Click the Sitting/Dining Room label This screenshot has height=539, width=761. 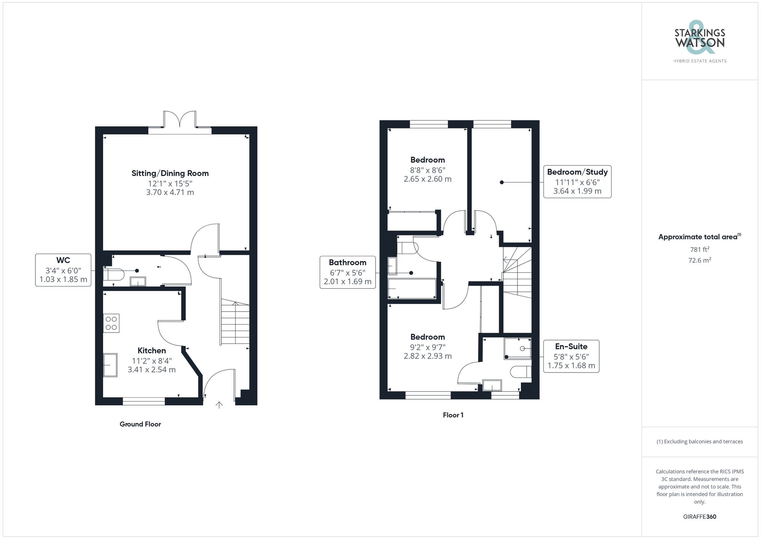(x=170, y=173)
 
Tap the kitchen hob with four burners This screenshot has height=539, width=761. (x=111, y=323)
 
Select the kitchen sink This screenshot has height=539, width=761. (x=110, y=365)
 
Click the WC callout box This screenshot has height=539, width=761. (x=63, y=270)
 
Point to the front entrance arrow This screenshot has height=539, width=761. (x=219, y=405)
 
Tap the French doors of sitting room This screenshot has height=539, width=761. (x=180, y=120)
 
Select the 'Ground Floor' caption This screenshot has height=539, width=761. (x=140, y=424)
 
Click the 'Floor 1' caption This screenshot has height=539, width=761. (x=453, y=415)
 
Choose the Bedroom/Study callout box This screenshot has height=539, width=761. (x=577, y=182)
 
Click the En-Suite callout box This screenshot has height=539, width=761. (x=571, y=356)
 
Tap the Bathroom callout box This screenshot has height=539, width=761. (x=347, y=272)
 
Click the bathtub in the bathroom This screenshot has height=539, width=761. (x=412, y=289)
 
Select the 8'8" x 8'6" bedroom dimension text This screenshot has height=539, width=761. (x=427, y=170)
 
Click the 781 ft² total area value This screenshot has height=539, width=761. (x=699, y=250)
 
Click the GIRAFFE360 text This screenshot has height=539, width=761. (x=699, y=517)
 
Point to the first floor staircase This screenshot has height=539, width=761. (x=517, y=272)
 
